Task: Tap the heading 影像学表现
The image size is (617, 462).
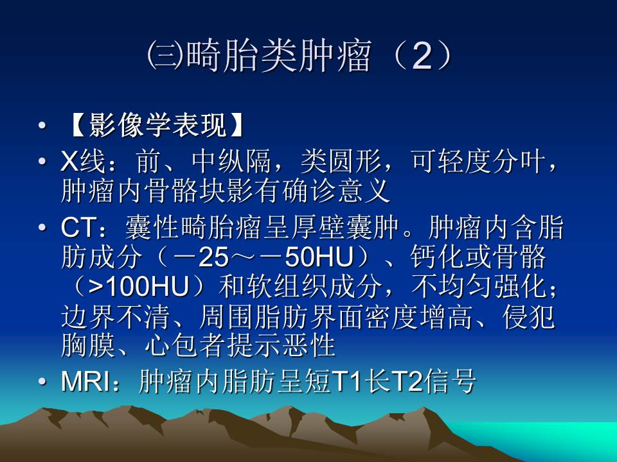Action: [x=157, y=126]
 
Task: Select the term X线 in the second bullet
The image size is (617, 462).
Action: [x=82, y=162]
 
